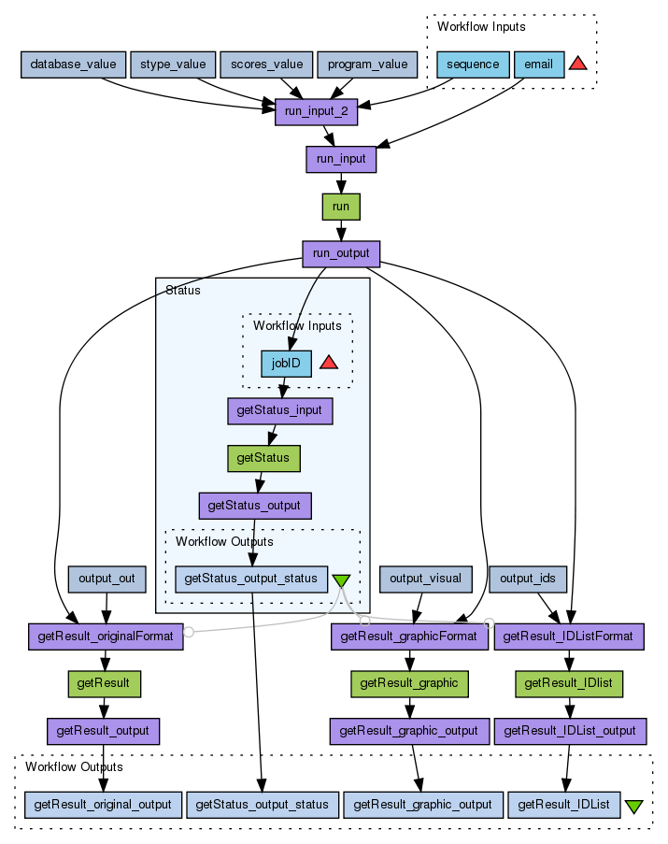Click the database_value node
(x=74, y=64)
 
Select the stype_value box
(x=173, y=64)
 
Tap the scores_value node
(x=266, y=64)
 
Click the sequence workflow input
(x=473, y=64)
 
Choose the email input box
(x=539, y=64)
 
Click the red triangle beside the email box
(x=578, y=64)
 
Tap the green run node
(x=341, y=207)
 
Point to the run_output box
(x=341, y=252)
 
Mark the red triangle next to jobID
(x=328, y=362)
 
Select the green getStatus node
(x=264, y=458)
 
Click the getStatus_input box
(x=279, y=410)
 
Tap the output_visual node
(x=425, y=579)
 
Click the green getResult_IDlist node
(x=569, y=683)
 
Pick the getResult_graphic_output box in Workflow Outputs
(x=424, y=804)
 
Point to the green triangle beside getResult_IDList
(x=633, y=806)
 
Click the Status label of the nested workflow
(x=182, y=291)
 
